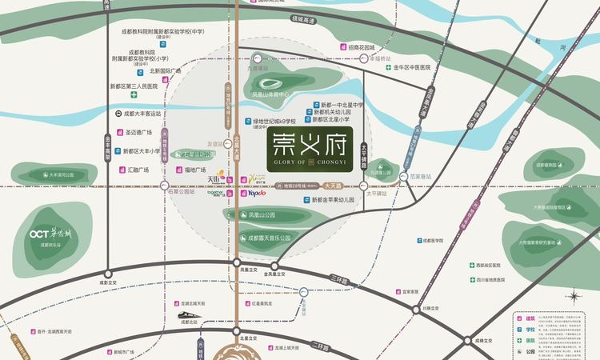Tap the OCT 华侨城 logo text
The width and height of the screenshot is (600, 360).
coord(50,234)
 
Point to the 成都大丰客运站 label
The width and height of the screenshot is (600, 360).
coord(142,114)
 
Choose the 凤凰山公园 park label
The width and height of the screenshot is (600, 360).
coord(262,215)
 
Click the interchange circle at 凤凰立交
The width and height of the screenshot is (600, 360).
coord(238,262)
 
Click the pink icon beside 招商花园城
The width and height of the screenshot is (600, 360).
coord(343,47)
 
